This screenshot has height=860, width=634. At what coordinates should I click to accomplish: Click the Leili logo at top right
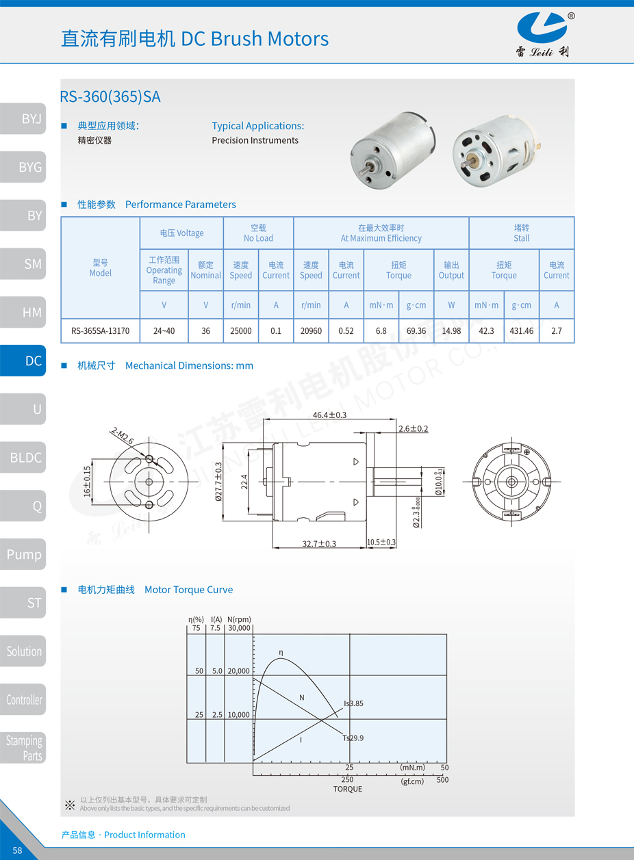pos(542,34)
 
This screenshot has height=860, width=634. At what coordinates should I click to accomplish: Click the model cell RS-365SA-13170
pos(100,331)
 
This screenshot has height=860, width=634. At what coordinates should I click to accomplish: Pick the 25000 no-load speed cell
pos(241,331)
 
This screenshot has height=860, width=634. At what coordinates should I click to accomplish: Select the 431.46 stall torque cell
pos(521,331)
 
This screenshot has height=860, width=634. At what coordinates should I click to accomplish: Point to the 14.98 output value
pos(451,331)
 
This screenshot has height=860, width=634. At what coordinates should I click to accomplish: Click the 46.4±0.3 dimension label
pos(329,415)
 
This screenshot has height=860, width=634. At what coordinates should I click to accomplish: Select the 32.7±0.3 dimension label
pos(319,543)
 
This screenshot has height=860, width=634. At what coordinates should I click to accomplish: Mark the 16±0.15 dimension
pos(87,481)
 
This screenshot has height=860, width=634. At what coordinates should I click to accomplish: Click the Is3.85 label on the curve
pos(353,703)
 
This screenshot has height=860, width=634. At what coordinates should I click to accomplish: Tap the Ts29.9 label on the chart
pos(353,738)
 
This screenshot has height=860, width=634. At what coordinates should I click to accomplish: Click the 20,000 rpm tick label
pos(238,671)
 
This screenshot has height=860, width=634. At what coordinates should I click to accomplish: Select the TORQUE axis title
pos(347,789)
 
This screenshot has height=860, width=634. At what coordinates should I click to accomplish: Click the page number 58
pos(17,850)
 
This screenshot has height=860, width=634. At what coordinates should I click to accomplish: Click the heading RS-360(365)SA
pos(110,97)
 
